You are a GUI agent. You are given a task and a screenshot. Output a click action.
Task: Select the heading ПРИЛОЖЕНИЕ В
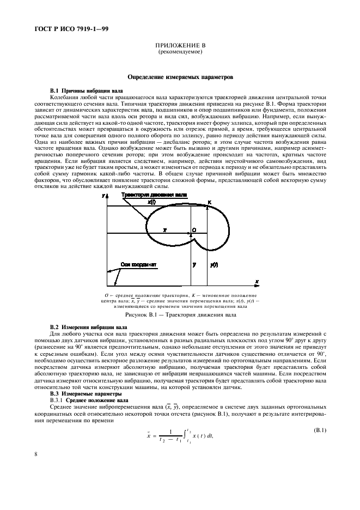[180, 46]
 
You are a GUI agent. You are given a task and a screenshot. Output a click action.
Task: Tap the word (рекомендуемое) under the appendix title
[180, 52]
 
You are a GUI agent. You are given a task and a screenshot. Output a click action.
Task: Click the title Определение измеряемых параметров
[180, 77]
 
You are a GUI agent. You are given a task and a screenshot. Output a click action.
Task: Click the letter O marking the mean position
[194, 230]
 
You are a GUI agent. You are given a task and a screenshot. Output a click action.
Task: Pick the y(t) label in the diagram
[214, 264]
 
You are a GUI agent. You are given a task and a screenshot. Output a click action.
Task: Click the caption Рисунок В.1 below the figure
[180, 315]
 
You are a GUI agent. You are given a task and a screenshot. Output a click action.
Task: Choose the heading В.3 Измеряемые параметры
[84, 393]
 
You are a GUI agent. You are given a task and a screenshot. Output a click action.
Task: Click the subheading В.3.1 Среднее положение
[86, 399]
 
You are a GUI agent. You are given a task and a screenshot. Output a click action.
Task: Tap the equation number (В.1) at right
[319, 431]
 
